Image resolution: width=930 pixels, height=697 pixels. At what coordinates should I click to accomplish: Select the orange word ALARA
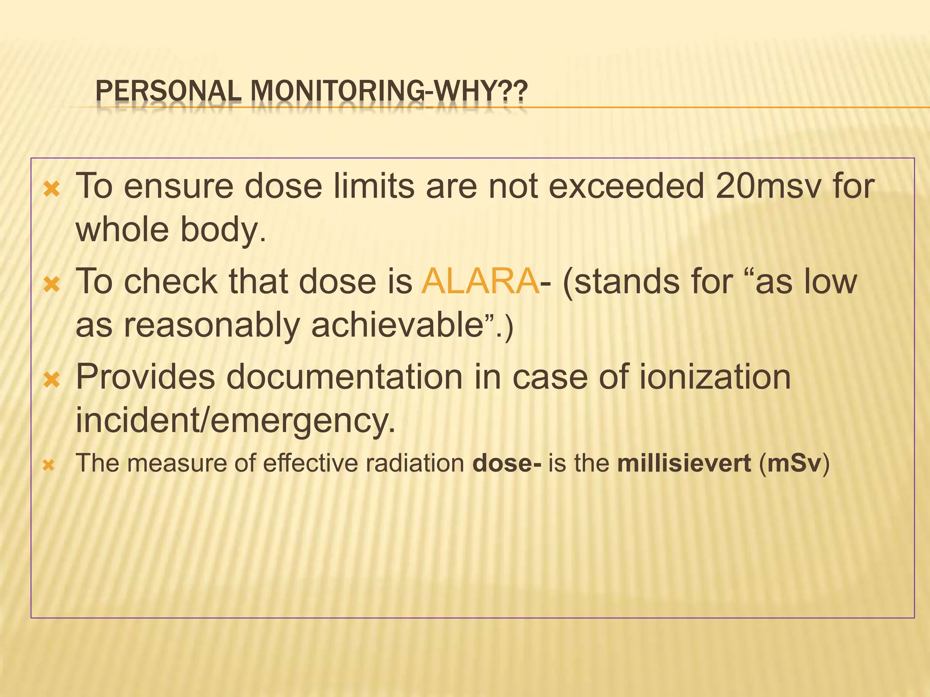pos(480,281)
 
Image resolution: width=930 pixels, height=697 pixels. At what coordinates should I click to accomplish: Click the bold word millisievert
pos(684,463)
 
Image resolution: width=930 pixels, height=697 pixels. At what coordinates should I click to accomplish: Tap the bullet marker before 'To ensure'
pos(52,189)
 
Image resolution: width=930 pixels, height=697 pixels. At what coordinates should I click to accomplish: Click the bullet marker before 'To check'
pos(52,285)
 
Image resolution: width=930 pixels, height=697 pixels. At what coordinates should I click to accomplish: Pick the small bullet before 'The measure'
pos(49,466)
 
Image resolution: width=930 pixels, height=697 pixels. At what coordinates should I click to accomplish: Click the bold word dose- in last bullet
pos(507,463)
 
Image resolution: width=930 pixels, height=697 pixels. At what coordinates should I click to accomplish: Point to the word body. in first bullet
pos(223,230)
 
